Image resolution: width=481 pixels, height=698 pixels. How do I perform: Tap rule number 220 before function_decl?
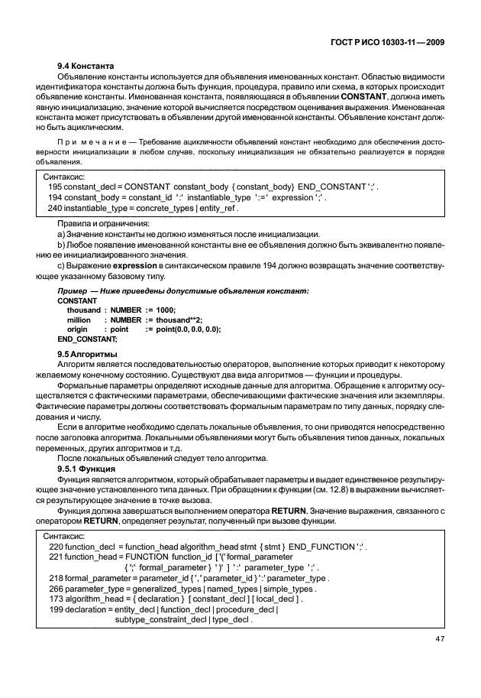pyautogui.click(x=56, y=548)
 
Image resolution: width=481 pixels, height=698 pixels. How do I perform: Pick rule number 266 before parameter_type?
pyautogui.click(x=56, y=589)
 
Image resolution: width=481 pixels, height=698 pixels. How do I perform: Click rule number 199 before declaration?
pyautogui.click(x=56, y=610)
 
